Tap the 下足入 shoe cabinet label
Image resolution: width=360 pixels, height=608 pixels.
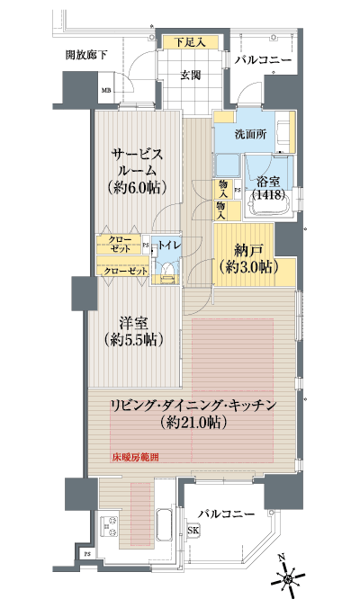[x=190, y=41]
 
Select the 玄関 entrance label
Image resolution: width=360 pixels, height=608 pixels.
[x=190, y=74]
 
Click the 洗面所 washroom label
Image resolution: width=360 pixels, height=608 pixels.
[x=248, y=134]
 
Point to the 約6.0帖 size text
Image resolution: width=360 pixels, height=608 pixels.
[x=137, y=188]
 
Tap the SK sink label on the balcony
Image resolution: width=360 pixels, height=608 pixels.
[x=193, y=532]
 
